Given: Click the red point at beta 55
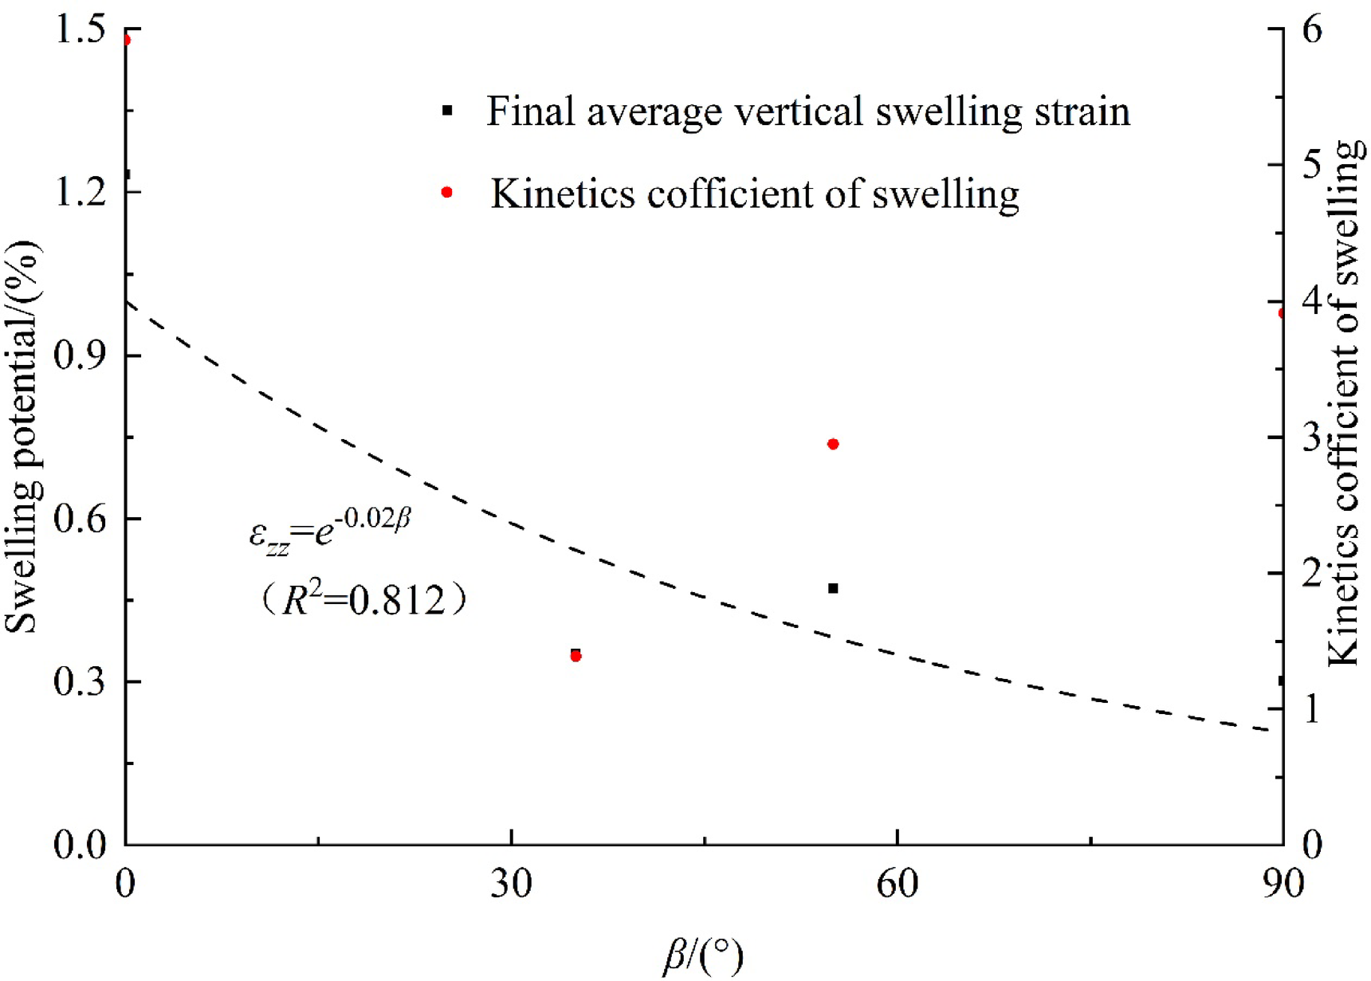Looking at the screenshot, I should pyautogui.click(x=833, y=444).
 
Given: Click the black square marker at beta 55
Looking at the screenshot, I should pyautogui.click(x=833, y=588).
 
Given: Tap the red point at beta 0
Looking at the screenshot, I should pyautogui.click(x=126, y=40).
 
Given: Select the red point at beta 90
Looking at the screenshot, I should pyautogui.click(x=1282, y=313).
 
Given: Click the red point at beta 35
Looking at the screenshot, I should pyautogui.click(x=576, y=657).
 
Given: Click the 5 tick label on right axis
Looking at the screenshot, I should pyautogui.click(x=1311, y=165).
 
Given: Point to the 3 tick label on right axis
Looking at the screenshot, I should pyautogui.click(x=1311, y=438).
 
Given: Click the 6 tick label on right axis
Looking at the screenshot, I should pyautogui.click(x=1311, y=29).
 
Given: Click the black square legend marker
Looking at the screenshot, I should pyautogui.click(x=447, y=111).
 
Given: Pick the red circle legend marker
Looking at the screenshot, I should pyautogui.click(x=447, y=192).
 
